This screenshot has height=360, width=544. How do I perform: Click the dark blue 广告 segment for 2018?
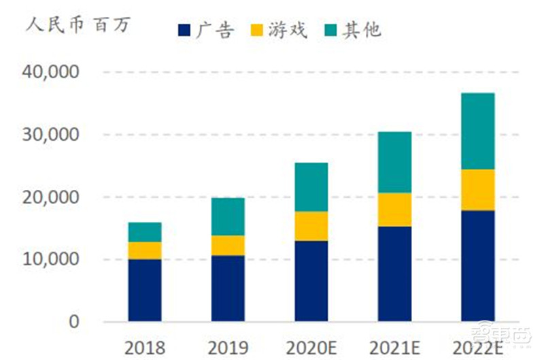click(x=145, y=290)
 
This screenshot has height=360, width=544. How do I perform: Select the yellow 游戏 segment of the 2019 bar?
click(x=228, y=245)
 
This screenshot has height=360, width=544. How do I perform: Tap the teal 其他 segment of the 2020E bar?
click(x=311, y=187)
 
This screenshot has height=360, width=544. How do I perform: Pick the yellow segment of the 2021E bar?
click(x=394, y=210)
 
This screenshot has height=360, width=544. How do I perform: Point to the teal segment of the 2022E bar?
click(x=477, y=131)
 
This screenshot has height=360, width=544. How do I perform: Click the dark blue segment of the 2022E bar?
click(x=477, y=265)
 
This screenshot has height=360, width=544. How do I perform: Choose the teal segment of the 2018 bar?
click(x=145, y=232)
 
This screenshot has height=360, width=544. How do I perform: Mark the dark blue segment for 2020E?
click(x=311, y=280)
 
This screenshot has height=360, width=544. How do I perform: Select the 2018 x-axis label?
click(x=145, y=347)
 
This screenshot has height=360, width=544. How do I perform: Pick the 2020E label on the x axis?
click(x=311, y=347)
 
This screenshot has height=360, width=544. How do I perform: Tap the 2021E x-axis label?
click(x=394, y=347)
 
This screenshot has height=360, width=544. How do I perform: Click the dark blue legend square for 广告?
click(x=184, y=30)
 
